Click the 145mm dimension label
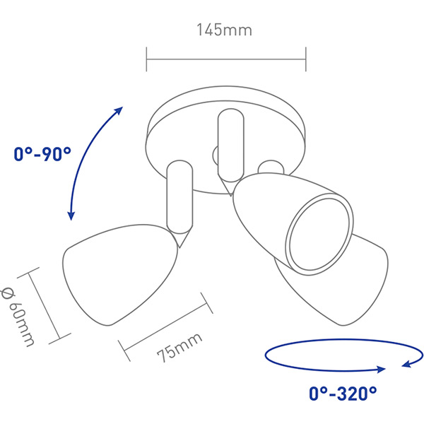(x=225, y=30)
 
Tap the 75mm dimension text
(x=179, y=347)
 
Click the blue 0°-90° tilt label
(x=42, y=154)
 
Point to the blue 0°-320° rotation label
(x=343, y=394)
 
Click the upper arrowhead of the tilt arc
(x=119, y=111)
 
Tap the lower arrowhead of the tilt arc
(x=71, y=215)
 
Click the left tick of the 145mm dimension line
(x=146, y=59)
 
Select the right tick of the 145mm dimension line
(x=306, y=59)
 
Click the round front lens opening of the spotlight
(x=319, y=234)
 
